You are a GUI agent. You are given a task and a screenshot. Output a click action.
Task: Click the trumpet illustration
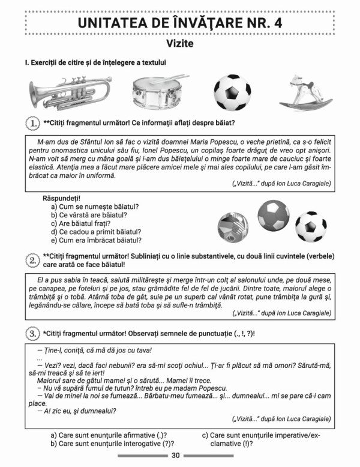[x=70, y=92]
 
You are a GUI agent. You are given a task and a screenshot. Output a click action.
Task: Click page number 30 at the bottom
[x=176, y=456]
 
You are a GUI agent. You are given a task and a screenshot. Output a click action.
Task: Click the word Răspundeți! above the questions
[x=62, y=197]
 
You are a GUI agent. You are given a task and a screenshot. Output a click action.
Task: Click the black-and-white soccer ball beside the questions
[x=310, y=226]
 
